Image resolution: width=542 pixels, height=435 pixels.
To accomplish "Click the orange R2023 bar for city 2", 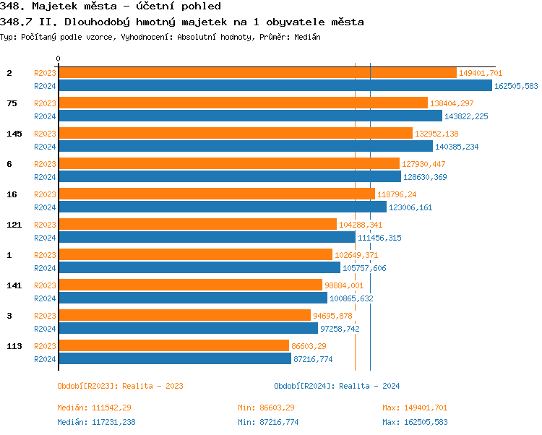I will (257, 73).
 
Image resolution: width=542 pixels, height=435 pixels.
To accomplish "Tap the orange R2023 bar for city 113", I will (173, 346).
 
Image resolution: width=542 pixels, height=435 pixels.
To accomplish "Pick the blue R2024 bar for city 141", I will (192, 298).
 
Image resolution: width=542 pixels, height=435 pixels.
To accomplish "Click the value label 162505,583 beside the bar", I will (516, 86).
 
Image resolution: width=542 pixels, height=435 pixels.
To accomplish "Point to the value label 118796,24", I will (397, 194).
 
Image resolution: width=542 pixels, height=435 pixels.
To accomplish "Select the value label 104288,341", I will (361, 225).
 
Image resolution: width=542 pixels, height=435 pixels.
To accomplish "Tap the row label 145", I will (14, 134).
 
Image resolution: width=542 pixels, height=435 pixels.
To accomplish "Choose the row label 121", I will (14, 225).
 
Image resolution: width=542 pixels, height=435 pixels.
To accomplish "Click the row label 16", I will (12, 194).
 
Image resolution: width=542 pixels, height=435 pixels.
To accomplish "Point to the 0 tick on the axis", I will (59, 59).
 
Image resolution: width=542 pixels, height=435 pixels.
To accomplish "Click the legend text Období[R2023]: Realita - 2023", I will (120, 386).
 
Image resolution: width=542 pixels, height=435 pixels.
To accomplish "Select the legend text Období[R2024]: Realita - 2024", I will (337, 386).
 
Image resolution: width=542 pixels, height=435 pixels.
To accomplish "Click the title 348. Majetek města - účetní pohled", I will (110, 7).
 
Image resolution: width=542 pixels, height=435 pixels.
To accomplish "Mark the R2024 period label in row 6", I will (46, 177).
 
